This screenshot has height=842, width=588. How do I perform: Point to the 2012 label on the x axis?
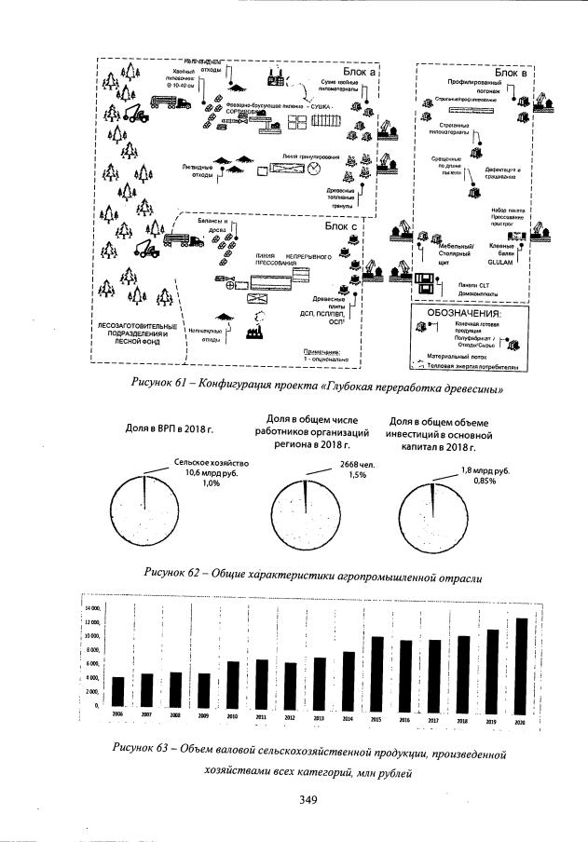(291, 719)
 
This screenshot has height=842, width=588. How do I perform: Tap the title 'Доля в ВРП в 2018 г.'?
(169, 428)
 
